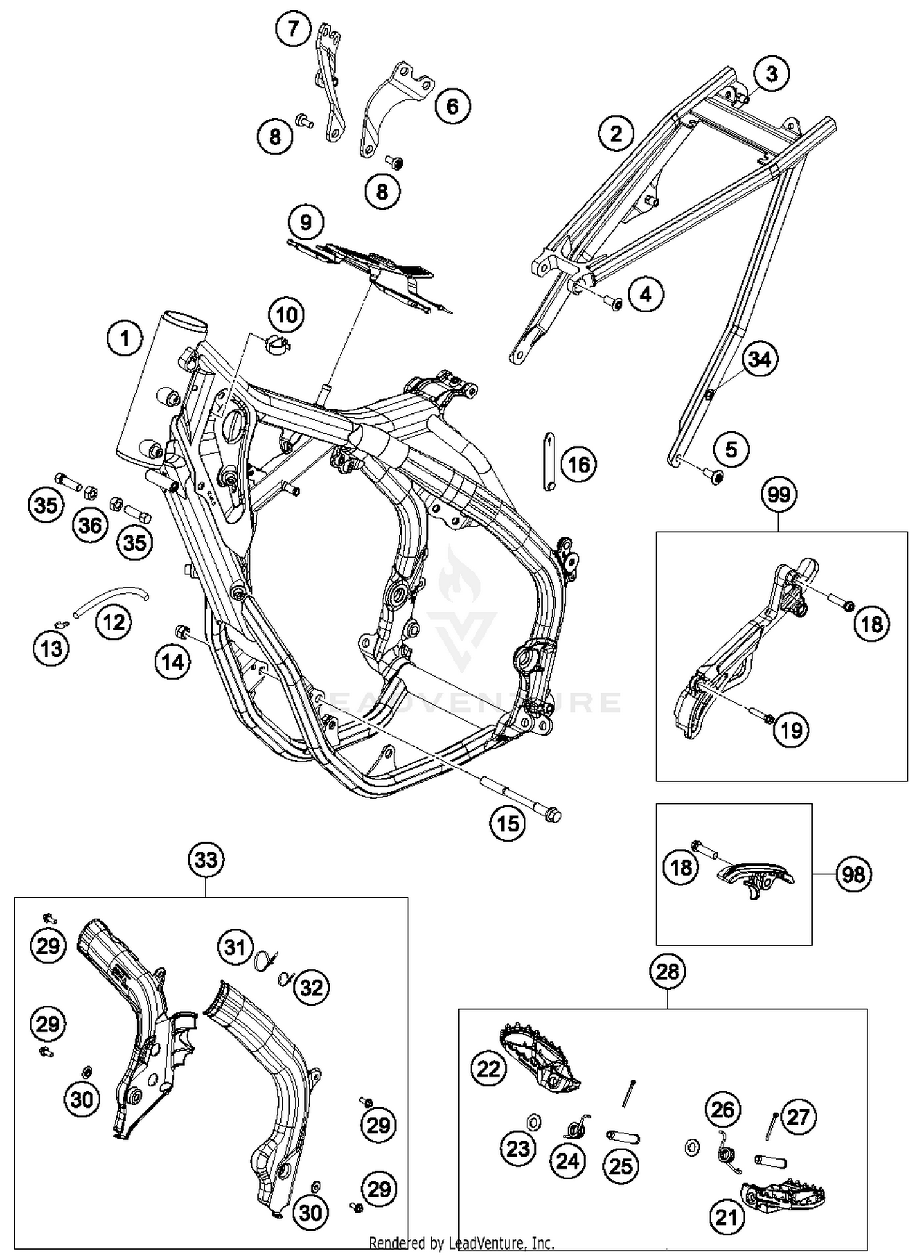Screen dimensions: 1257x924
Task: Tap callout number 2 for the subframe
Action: point(616,133)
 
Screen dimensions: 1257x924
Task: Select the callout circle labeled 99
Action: point(779,495)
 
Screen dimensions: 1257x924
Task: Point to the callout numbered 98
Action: point(853,874)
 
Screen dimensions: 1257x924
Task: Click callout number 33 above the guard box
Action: point(206,860)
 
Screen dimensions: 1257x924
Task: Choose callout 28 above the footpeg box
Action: point(668,972)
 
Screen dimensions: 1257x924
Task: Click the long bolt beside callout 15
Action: point(524,801)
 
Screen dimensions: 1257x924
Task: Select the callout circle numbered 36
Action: point(91,525)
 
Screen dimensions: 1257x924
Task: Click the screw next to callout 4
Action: point(614,301)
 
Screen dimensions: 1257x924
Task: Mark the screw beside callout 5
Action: point(716,475)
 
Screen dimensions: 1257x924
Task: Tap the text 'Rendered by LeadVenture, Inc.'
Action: point(461,1243)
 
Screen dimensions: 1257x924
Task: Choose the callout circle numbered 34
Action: point(760,359)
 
